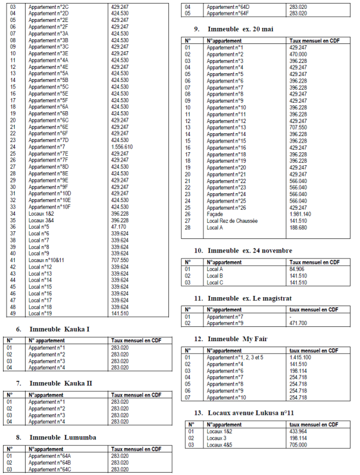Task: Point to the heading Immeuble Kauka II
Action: (61, 383)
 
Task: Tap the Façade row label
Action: (215, 213)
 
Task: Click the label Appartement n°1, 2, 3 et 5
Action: (234, 357)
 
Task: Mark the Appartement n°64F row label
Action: (228, 13)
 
